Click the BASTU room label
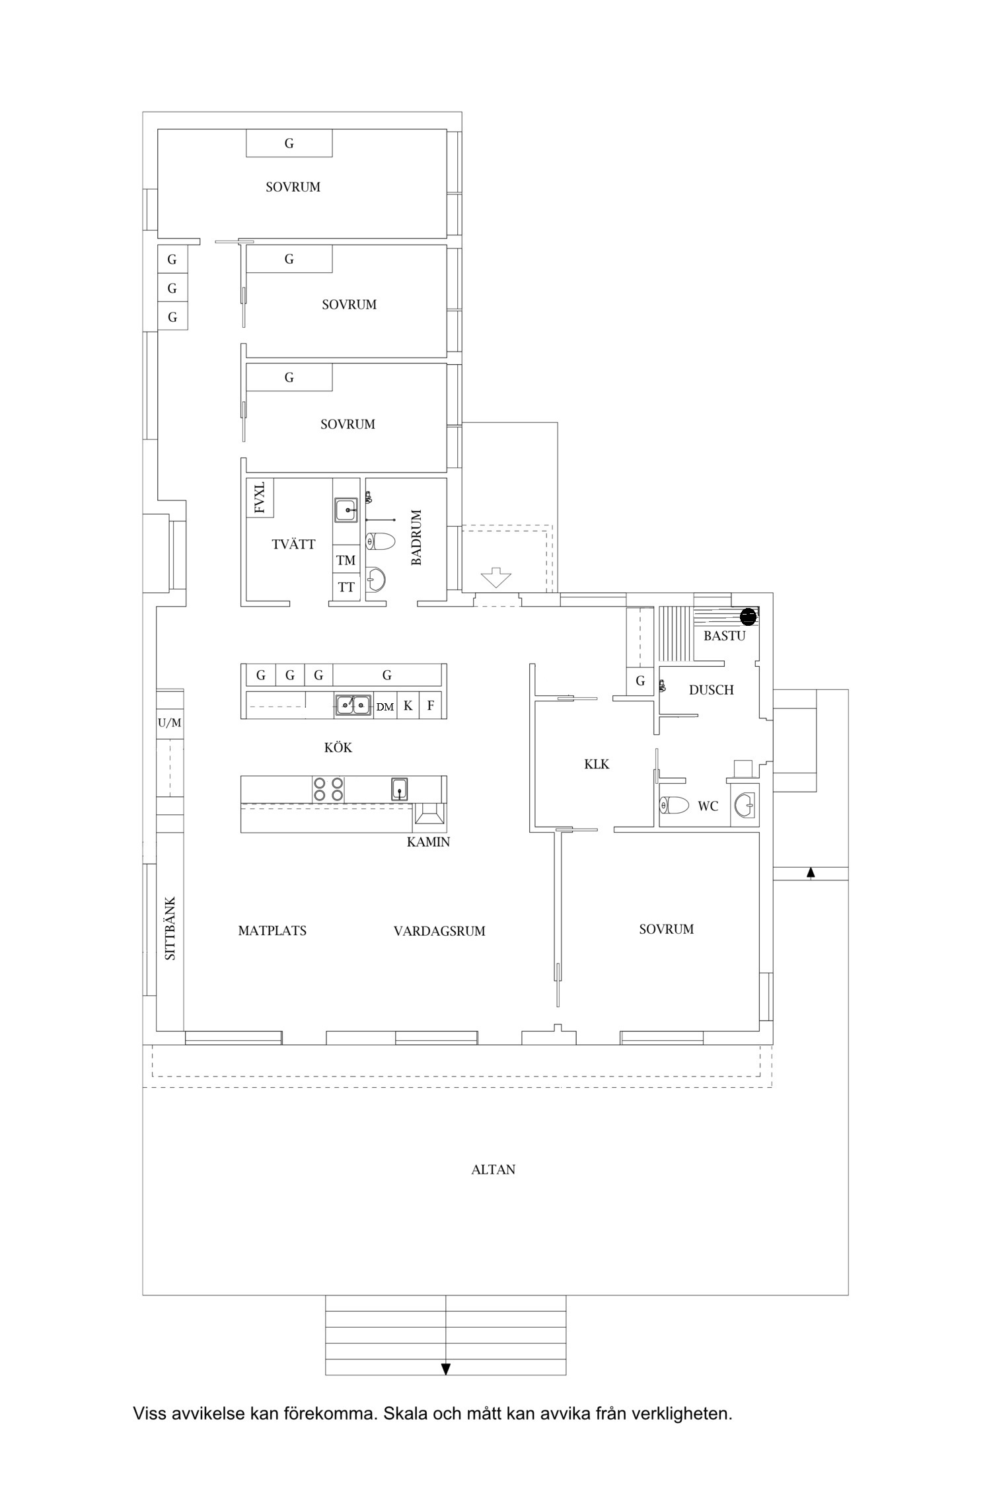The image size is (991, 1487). click(724, 636)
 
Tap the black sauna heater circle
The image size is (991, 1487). click(748, 617)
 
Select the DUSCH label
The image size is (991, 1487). click(711, 690)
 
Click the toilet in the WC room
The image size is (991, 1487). click(674, 806)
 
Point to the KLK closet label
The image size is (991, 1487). click(597, 764)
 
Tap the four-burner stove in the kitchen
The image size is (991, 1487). click(328, 789)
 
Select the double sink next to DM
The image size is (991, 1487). click(353, 706)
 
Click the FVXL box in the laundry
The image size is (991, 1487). click(260, 498)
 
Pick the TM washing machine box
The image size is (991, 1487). click(346, 560)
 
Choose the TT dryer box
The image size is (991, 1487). click(346, 588)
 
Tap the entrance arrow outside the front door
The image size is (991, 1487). click(496, 579)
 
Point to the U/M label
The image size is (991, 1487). click(169, 723)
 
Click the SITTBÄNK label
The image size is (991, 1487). click(170, 928)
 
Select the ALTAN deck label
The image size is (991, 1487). click(493, 1170)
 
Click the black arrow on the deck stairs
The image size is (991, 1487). click(446, 1369)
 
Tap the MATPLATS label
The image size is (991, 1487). click(272, 931)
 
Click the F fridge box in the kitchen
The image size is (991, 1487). click(431, 706)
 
